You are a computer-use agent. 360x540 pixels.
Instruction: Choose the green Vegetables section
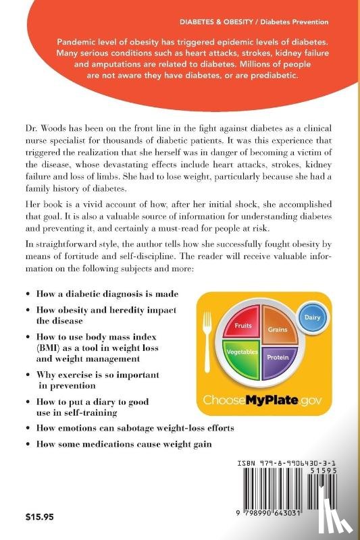[242, 354]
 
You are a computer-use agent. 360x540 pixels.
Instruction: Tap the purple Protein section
[277, 356]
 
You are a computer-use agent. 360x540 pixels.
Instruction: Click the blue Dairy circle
[312, 316]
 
